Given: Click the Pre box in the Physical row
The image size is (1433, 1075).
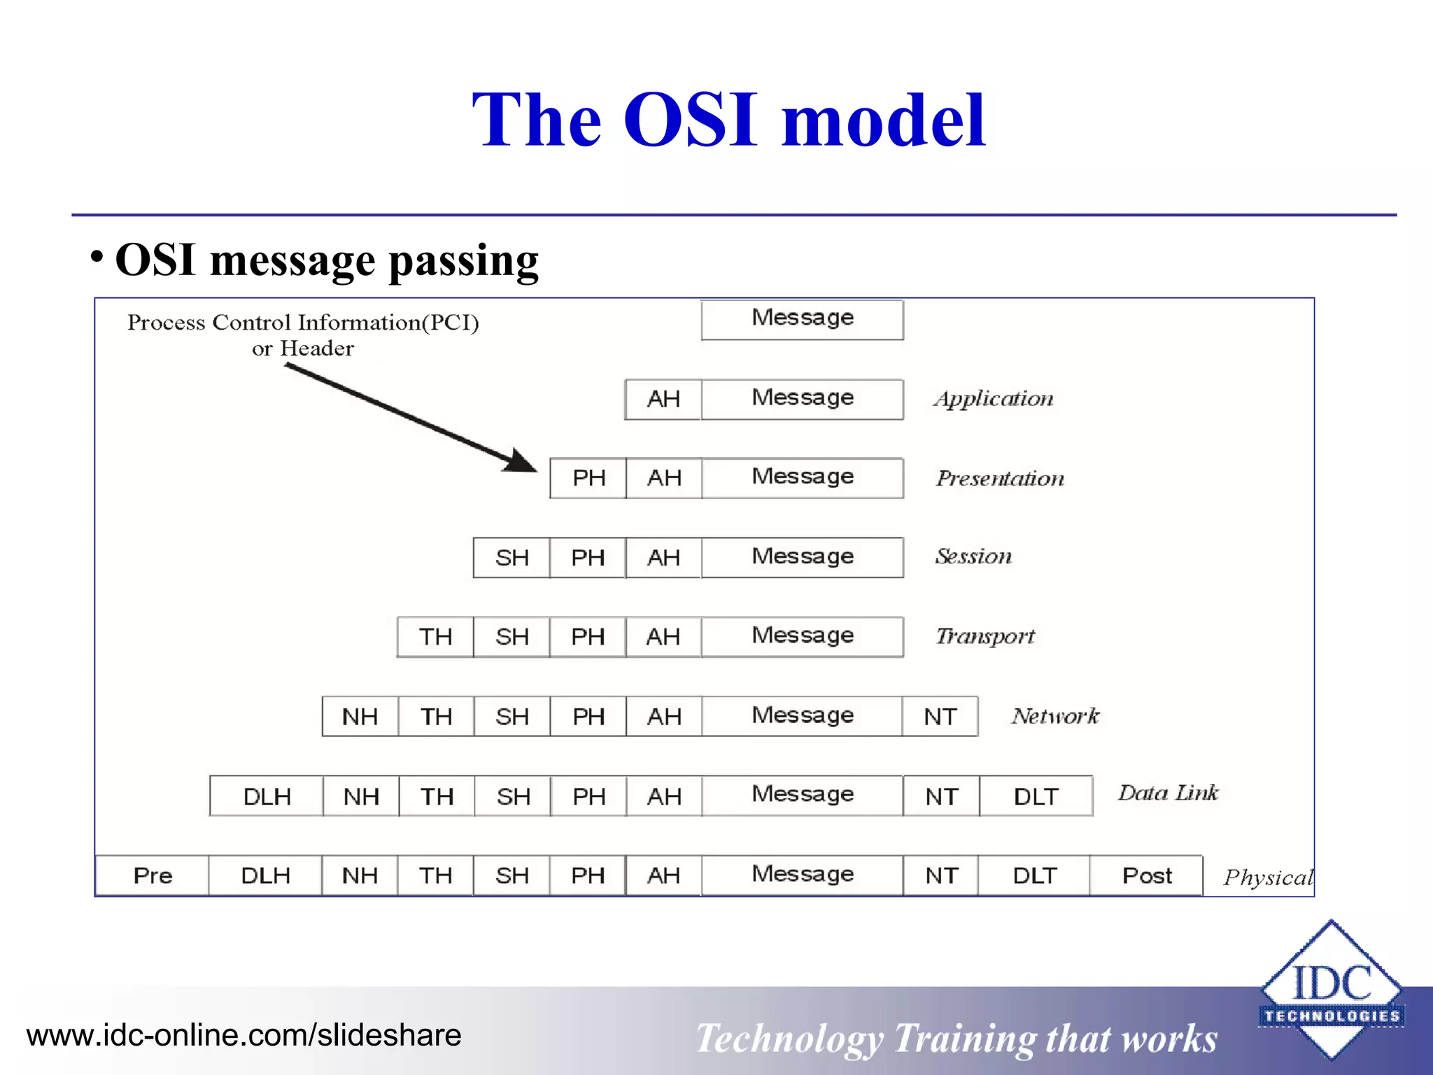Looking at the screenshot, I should point(152,876).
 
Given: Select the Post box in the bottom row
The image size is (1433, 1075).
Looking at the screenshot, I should point(1146,876).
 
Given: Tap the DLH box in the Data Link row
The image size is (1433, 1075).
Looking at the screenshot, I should point(267,796).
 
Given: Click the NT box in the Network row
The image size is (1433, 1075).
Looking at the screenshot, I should point(940,717).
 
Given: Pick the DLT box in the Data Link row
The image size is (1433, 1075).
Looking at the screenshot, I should point(1036,796).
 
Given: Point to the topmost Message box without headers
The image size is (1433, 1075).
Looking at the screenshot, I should point(802,319).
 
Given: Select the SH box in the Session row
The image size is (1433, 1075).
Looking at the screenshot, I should point(511,558).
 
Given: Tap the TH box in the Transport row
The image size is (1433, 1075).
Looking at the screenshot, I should point(435,637).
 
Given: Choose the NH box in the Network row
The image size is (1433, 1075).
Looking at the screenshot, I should point(360,717).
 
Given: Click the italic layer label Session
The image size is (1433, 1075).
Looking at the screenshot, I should point(973,556).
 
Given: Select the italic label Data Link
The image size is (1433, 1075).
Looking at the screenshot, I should point(1168,793).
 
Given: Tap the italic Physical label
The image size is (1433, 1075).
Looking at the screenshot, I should point(1268,878).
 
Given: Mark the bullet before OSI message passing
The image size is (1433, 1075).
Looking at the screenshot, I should point(97,256).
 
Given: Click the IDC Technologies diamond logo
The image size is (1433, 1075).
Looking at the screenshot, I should point(1332,988).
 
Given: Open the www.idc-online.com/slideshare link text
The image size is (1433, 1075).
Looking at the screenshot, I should point(243,1035).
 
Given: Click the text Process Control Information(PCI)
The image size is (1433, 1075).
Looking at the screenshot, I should point(303,323).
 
